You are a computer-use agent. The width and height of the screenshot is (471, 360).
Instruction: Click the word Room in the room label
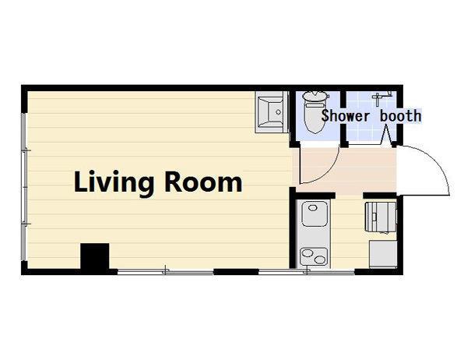coord(204,183)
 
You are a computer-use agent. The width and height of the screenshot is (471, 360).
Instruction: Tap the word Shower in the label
coord(348,116)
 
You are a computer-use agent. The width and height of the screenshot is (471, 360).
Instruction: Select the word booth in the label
coord(400,116)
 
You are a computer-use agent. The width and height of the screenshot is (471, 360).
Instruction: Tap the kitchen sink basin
coord(314,212)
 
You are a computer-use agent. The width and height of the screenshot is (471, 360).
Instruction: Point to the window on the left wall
coord(25,179)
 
